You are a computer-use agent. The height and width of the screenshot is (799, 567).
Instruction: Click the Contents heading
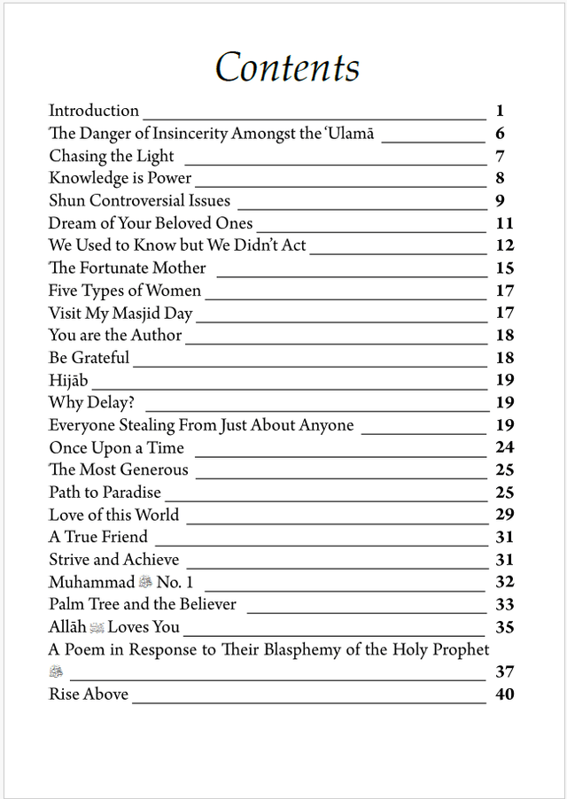287,68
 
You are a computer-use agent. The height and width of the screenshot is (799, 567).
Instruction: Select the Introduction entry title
94,111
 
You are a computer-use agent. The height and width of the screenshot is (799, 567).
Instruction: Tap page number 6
500,134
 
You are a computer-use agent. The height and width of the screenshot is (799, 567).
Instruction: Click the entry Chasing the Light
112,157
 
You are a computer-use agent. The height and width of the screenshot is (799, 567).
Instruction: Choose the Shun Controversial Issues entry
139,201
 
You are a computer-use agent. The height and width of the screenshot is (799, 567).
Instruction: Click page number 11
505,223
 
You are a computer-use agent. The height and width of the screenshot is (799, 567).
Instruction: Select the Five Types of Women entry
125,291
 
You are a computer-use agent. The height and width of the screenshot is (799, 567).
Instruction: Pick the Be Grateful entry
89,358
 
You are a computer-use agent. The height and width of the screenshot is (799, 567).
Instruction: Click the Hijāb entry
68,380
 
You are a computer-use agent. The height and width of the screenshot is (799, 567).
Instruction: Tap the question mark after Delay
129,403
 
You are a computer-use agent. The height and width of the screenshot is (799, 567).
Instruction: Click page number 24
505,447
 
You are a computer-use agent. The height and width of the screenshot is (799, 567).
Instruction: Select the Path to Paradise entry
105,493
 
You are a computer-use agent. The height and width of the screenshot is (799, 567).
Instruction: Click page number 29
505,515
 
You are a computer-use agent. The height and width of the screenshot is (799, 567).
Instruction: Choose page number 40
505,694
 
